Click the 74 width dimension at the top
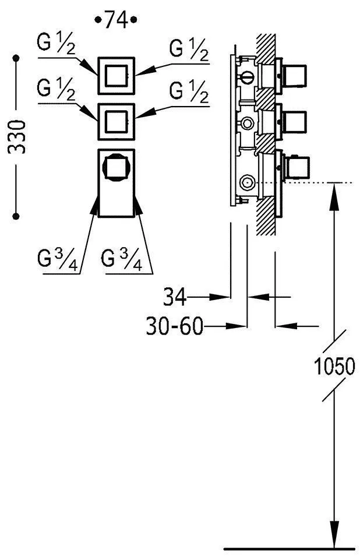tap(115, 20)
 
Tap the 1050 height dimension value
tap(334, 367)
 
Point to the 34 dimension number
tap(174, 298)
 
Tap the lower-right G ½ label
tap(189, 91)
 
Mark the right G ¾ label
tap(121, 258)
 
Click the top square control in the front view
tap(116, 74)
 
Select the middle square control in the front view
tap(116, 121)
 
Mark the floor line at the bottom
tap(289, 548)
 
